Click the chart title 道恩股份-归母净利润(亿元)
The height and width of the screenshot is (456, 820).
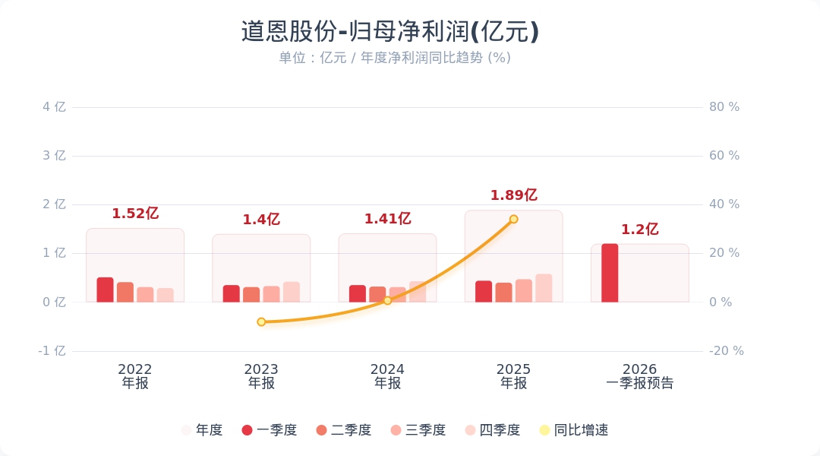[x=390, y=32]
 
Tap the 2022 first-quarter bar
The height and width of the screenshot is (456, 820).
[x=105, y=290]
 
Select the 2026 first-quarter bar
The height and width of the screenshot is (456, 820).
[x=610, y=273]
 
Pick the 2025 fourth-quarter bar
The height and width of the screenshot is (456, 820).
[x=544, y=288]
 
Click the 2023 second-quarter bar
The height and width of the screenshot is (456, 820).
[x=251, y=294]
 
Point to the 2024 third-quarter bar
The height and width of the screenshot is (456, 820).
[x=398, y=294]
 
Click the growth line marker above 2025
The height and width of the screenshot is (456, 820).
[x=513, y=219]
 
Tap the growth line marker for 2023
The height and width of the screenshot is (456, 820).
[x=261, y=321]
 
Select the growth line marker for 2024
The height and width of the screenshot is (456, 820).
[x=387, y=300]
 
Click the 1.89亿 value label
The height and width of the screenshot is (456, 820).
[x=513, y=195]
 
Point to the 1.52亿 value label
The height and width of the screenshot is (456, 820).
[x=135, y=214]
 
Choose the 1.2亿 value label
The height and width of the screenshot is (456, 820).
[x=639, y=230]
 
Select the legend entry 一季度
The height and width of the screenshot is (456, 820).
[x=269, y=430]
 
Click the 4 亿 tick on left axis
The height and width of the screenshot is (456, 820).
[x=54, y=107]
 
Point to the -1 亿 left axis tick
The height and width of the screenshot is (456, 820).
[x=52, y=351]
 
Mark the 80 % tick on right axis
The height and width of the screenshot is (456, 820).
[x=724, y=107]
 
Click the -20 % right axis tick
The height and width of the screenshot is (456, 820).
[x=726, y=351]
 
